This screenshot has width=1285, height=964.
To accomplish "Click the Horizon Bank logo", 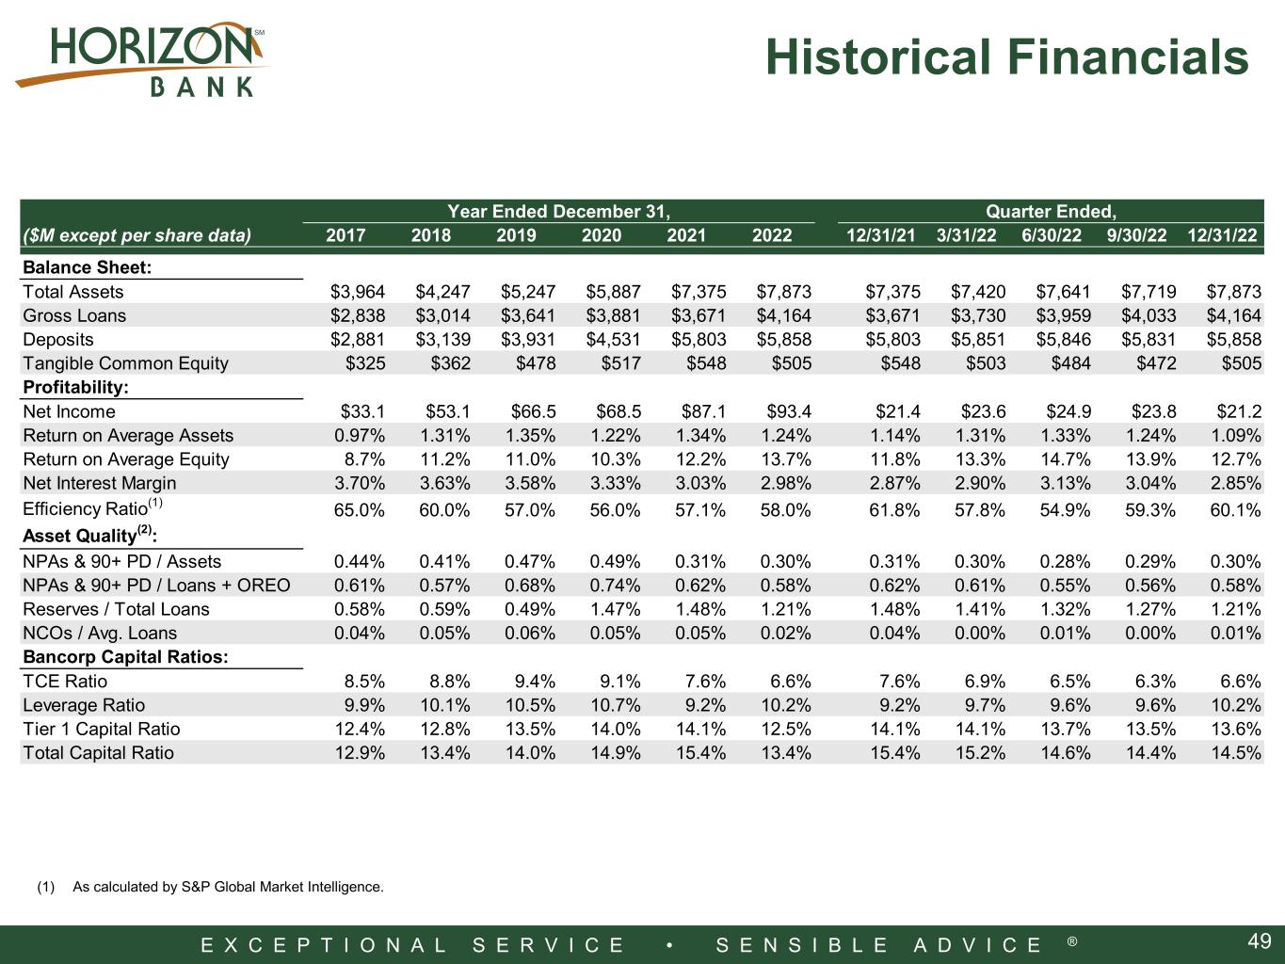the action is point(141,59).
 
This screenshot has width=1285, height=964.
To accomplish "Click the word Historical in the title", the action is point(879,56).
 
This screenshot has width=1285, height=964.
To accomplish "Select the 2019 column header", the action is point(516,235).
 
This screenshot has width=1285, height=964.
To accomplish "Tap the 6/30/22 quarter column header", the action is point(1051,235).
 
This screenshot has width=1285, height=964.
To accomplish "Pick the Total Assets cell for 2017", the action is point(358,292).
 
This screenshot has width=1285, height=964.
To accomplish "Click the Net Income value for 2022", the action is point(789,411).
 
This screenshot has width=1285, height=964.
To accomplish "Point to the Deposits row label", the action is point(58,340).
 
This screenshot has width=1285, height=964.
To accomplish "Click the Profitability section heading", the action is point(75,387).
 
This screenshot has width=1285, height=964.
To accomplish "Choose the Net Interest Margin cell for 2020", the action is point(616,484).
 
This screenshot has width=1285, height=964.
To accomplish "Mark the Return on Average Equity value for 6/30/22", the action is point(1066,459).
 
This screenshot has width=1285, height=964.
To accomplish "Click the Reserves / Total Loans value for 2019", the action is point(530,609).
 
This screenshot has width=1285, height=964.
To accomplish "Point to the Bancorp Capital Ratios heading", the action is point(125,657).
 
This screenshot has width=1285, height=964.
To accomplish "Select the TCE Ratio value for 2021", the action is point(705,682).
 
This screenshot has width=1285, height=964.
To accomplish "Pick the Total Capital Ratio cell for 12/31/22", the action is point(1236,753).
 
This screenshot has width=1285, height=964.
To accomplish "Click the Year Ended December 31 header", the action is point(558,211).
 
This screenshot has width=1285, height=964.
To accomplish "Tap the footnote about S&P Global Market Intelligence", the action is point(210,887).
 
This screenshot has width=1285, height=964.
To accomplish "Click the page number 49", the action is point(1260,941).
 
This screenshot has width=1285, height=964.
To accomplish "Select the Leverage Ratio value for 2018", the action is point(445,705).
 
